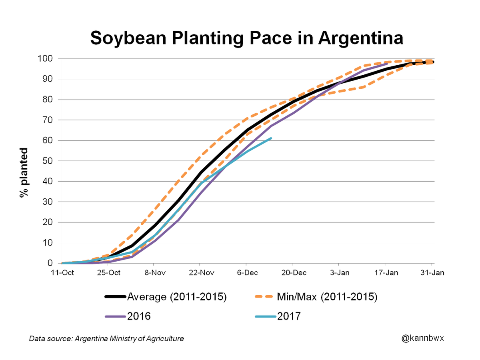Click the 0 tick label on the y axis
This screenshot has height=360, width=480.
(51, 263)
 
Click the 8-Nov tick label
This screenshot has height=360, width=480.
(154, 273)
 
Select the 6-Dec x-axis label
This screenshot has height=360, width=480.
(246, 273)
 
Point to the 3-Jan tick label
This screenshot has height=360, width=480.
(339, 273)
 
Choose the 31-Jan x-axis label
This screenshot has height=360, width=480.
(431, 273)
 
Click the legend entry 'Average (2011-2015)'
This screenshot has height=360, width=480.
(176, 297)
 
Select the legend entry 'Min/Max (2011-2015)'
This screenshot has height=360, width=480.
(327, 297)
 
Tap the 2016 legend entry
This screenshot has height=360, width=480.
(138, 316)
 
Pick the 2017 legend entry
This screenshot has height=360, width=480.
(288, 316)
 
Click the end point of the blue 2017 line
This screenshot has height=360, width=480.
(272, 138)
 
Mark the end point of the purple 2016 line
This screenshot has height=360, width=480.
(387, 64)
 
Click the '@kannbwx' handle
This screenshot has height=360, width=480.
(423, 338)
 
